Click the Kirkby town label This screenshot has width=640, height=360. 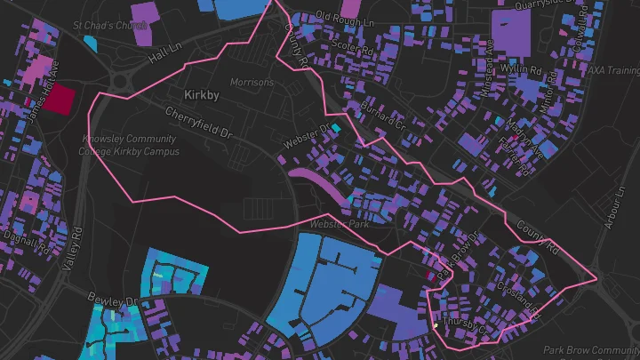point(201,94)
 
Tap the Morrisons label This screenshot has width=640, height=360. point(252,82)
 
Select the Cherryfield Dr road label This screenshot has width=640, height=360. point(198,124)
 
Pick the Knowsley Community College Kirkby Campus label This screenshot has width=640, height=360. point(130,145)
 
